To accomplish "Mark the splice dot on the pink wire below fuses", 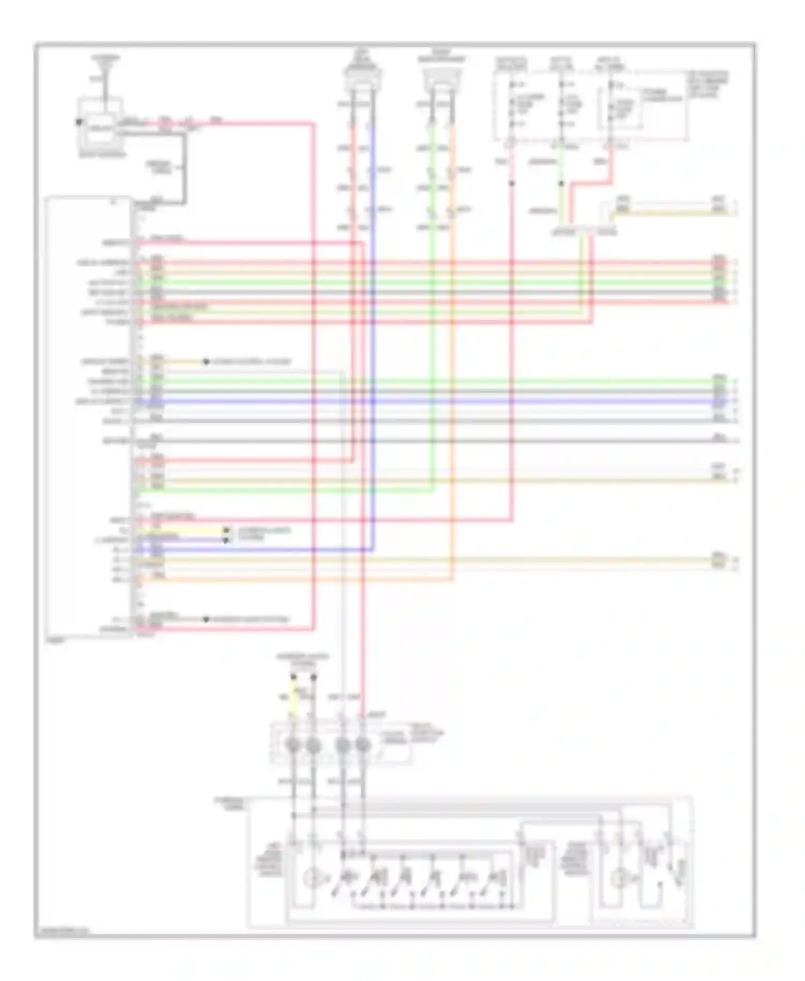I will click(511, 184).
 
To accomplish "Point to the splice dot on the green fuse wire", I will click(561, 184).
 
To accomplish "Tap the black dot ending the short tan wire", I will click(206, 362).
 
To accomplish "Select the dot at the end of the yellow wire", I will click(226, 530).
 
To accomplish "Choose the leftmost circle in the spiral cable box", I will click(293, 745).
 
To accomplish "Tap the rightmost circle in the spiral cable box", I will click(363, 745).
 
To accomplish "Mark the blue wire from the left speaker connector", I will click(372, 322).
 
